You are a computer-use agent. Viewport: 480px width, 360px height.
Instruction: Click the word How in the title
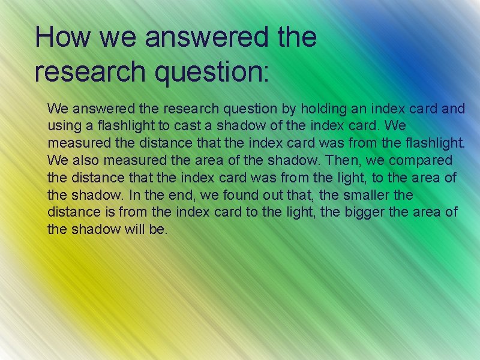(x=62, y=37)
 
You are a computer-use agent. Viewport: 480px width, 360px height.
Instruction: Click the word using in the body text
(x=62, y=127)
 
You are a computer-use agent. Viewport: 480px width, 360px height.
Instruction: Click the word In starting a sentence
(x=134, y=196)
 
